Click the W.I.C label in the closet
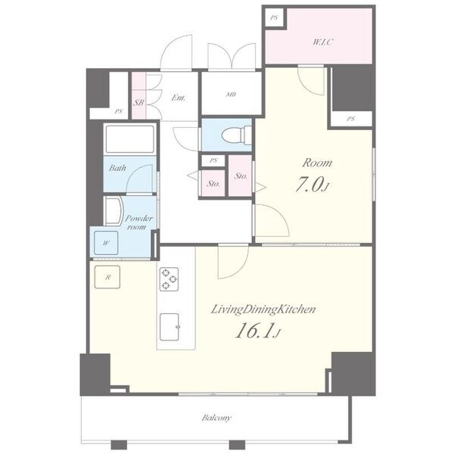click(322, 42)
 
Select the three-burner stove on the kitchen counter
click(169, 279)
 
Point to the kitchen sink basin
click(169, 327)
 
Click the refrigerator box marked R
click(107, 277)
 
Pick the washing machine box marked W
click(106, 243)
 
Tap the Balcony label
click(216, 418)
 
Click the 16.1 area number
click(254, 331)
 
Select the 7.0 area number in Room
click(309, 185)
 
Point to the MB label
click(231, 94)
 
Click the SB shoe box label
click(138, 102)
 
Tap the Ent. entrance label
click(178, 98)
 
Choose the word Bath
click(117, 168)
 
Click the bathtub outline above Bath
click(129, 139)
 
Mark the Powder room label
click(138, 222)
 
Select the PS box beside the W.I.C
click(274, 17)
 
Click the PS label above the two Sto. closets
click(213, 160)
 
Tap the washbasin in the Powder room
click(113, 211)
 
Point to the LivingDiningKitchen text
click(263, 309)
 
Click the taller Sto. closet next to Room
click(240, 176)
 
